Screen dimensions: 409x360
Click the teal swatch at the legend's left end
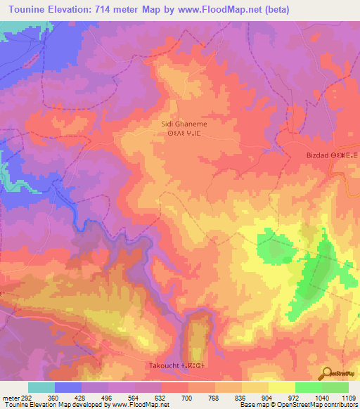coord(41,387)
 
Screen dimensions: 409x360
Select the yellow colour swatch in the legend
coord(281,387)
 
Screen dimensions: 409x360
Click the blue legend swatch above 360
coord(68,387)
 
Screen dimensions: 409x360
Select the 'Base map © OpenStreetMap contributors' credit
coord(298,405)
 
